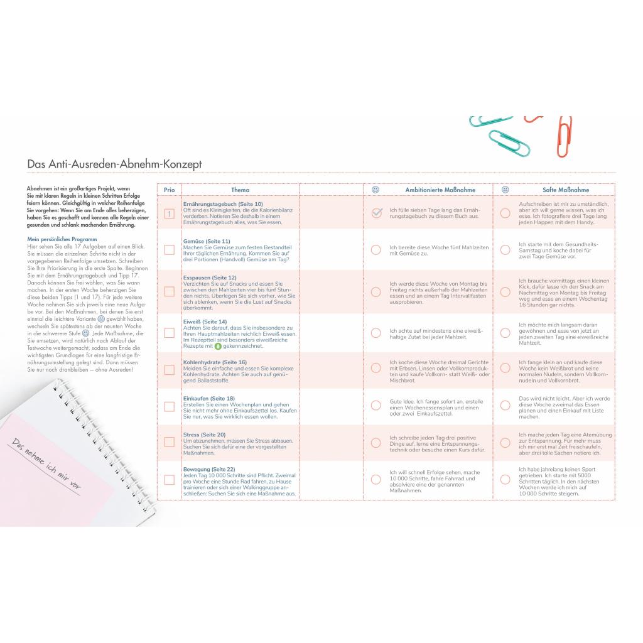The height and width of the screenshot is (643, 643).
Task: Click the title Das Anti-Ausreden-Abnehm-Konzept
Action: [114, 164]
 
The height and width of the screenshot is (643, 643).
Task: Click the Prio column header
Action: [169, 190]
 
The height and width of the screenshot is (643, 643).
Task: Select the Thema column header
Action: [240, 190]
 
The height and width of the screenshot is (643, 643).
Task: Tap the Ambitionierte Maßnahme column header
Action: [440, 190]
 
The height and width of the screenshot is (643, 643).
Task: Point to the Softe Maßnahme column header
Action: [565, 190]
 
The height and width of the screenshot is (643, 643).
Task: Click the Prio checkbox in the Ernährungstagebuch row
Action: [169, 213]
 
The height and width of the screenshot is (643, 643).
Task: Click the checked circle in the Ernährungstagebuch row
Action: [376, 213]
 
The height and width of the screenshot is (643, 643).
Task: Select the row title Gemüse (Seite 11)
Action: [207, 241]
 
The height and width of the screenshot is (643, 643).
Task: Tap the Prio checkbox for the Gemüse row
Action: [169, 250]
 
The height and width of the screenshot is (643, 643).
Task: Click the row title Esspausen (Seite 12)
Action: [210, 278]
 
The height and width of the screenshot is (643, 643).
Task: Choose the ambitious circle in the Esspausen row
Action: [376, 292]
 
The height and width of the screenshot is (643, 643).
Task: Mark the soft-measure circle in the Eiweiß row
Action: [505, 333]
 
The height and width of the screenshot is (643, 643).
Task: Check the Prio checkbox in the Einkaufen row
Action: [169, 406]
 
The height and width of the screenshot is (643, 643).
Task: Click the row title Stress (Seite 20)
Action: [204, 435]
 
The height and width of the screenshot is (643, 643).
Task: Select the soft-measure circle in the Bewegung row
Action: [505, 479]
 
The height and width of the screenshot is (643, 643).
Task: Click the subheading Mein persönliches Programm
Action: [62, 239]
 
